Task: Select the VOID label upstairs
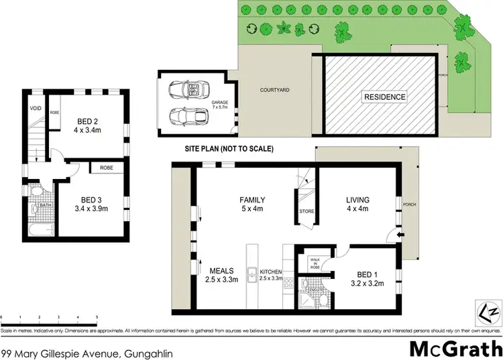(35, 109)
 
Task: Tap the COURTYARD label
(275, 89)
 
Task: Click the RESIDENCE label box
(384, 97)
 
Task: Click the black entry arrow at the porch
(400, 235)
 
